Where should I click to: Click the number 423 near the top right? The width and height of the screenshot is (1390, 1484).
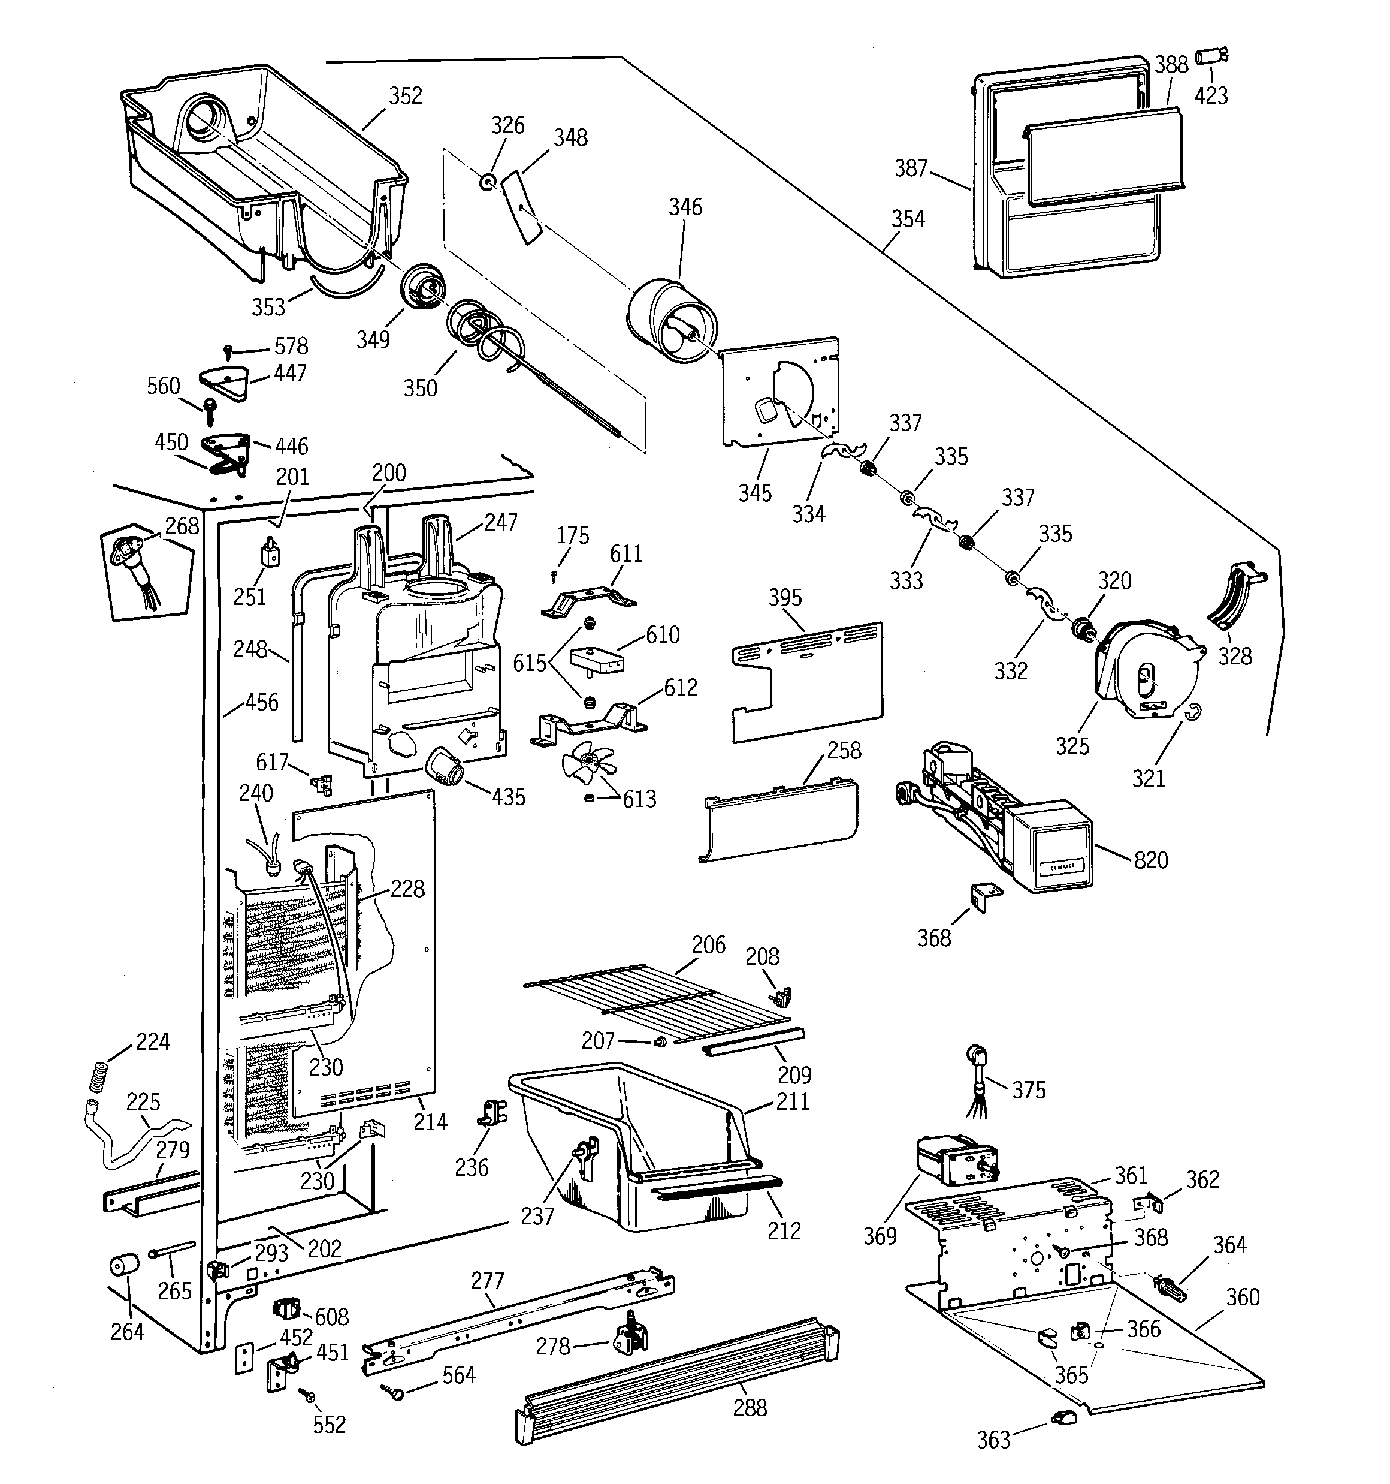pyautogui.click(x=1211, y=95)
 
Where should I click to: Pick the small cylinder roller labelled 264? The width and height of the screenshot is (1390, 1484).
pyautogui.click(x=125, y=1267)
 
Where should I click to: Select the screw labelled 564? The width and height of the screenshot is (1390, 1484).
pyautogui.click(x=394, y=1390)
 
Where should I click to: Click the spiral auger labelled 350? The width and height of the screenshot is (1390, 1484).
pyautogui.click(x=485, y=336)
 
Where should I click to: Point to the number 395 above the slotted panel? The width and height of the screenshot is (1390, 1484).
pyautogui.click(x=785, y=597)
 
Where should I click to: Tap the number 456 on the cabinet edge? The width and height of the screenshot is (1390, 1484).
pyautogui.click(x=261, y=702)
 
